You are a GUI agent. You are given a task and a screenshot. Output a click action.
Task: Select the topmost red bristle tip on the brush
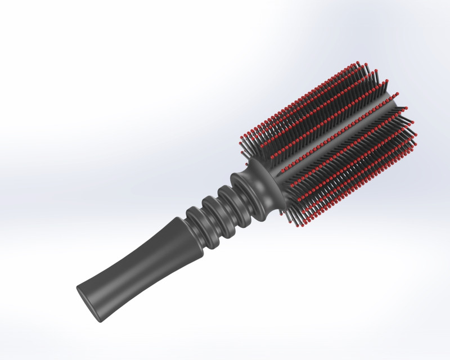[x=358, y=62]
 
